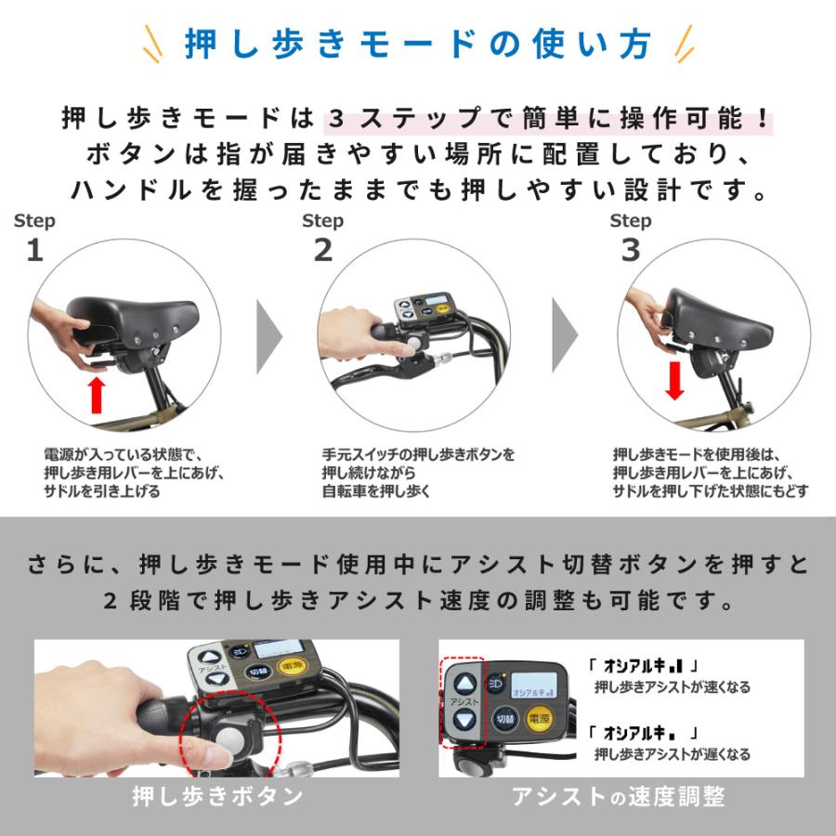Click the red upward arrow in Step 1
coord(97,395)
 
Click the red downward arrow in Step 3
coord(674,381)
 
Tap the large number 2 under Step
coord(323,250)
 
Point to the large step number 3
coord(631,250)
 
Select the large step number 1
coord(35,250)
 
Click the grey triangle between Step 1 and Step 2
coord(269,336)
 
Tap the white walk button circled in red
coord(230,739)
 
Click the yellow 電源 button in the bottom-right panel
coord(539,719)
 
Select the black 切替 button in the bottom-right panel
coord(504,719)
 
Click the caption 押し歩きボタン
coord(217,796)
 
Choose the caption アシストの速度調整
coord(618,797)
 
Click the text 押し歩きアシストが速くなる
coord(673,686)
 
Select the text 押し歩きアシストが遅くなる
coord(673,754)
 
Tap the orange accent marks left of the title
coord(152,44)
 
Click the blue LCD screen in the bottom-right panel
coord(534,685)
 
